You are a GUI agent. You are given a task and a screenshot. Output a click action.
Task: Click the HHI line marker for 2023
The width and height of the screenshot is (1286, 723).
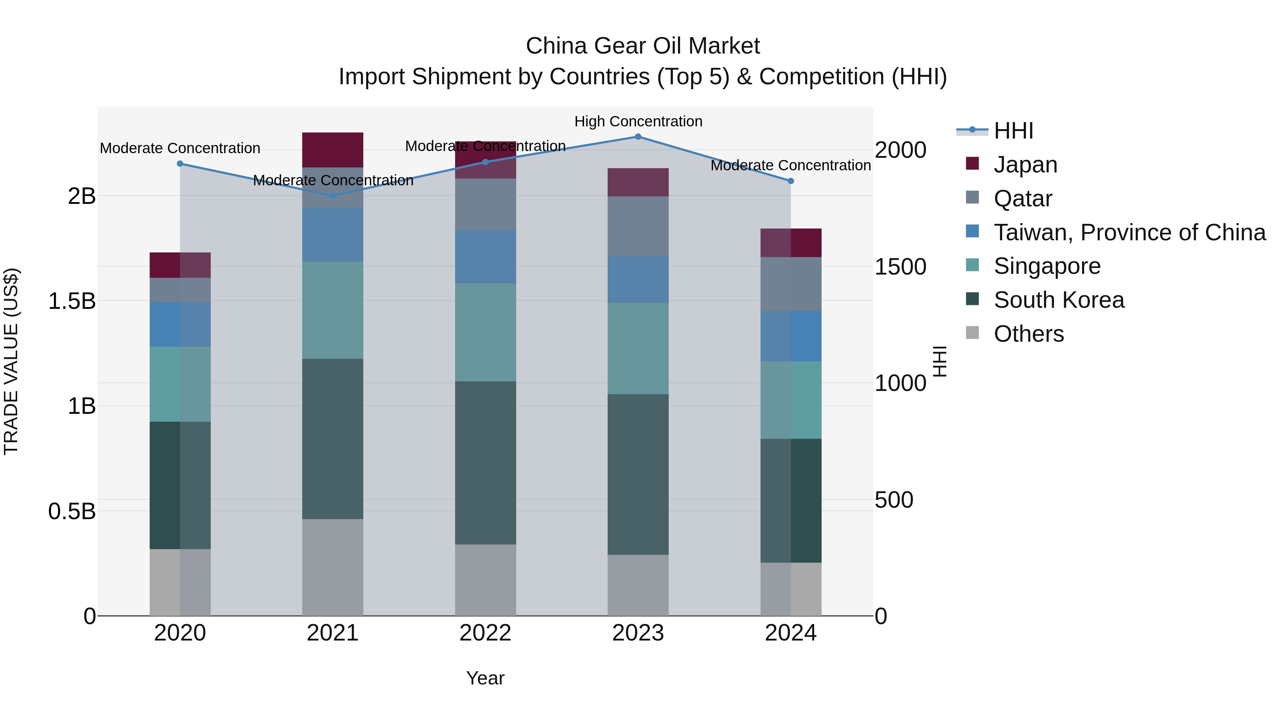click(x=638, y=137)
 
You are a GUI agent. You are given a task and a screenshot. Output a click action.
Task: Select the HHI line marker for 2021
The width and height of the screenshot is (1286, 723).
click(x=333, y=196)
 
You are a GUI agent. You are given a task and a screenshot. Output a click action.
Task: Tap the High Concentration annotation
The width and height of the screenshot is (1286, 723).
click(x=638, y=121)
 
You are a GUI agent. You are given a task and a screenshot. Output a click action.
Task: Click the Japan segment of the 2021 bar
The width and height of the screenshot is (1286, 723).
click(x=333, y=150)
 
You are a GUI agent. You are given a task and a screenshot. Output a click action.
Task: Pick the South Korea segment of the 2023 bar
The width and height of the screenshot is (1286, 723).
click(x=638, y=474)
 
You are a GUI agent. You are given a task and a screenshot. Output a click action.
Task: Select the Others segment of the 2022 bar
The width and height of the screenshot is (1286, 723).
click(x=485, y=580)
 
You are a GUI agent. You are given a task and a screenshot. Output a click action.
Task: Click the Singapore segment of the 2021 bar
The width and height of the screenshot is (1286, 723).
click(x=333, y=310)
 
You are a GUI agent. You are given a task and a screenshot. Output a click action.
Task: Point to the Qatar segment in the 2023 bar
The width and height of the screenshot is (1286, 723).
click(x=638, y=226)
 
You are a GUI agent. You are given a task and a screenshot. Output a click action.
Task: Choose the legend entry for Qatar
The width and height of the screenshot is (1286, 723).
click(x=1022, y=199)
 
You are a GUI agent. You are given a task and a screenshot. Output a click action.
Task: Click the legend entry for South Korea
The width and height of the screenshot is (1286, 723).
click(x=1058, y=300)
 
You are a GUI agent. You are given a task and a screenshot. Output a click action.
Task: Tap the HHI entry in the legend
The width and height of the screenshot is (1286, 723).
click(x=1013, y=131)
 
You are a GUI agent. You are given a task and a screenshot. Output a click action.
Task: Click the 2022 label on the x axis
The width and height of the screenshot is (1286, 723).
click(x=485, y=633)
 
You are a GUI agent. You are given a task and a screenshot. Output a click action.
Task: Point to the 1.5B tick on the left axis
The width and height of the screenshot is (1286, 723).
click(x=72, y=301)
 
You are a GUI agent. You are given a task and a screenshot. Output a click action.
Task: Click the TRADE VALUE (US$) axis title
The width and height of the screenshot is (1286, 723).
click(x=11, y=361)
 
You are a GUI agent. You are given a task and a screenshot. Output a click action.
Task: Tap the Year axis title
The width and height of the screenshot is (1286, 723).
click(x=485, y=678)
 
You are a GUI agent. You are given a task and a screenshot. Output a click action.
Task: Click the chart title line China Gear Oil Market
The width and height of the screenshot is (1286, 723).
click(x=643, y=46)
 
